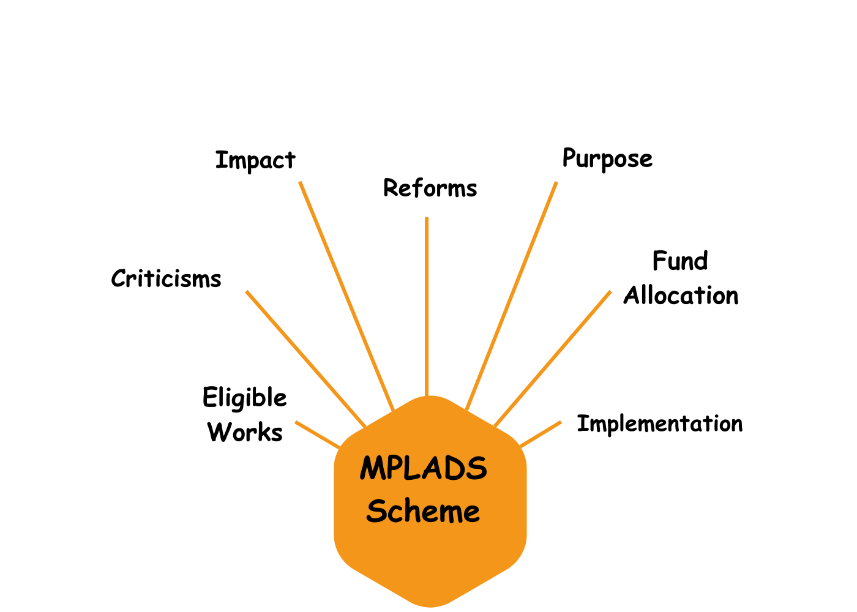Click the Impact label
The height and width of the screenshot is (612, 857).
point(255,161)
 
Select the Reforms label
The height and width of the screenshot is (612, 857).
point(430,188)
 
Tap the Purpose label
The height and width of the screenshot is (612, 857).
point(607,159)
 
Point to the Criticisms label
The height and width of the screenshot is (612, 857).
point(166,278)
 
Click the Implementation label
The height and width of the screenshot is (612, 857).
point(660,424)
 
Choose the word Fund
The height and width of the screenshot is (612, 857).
point(680,261)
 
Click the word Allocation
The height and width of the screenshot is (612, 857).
point(681,295)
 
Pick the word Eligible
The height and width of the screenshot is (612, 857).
point(244,398)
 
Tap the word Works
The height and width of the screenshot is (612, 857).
point(245,432)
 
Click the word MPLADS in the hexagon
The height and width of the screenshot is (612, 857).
point(424,468)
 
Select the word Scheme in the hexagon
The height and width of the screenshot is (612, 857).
point(423,510)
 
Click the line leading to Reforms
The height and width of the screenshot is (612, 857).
point(427,307)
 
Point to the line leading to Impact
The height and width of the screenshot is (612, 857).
point(346,296)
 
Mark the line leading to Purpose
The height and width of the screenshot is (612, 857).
point(511,296)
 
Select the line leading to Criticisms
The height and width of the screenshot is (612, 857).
point(305,359)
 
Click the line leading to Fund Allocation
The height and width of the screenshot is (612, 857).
point(552,359)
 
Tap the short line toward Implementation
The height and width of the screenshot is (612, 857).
point(540,434)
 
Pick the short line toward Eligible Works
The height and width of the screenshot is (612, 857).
point(318,435)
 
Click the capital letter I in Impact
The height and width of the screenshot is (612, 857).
point(220,160)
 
